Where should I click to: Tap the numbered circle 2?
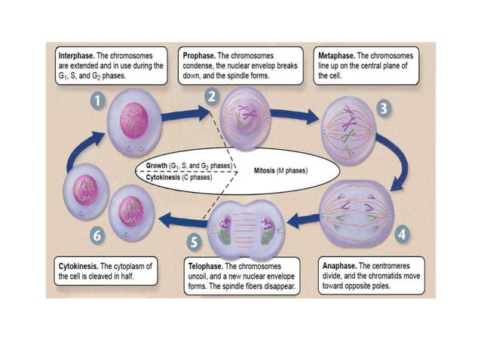pos(212,96)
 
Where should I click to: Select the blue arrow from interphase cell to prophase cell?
pos(182,114)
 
